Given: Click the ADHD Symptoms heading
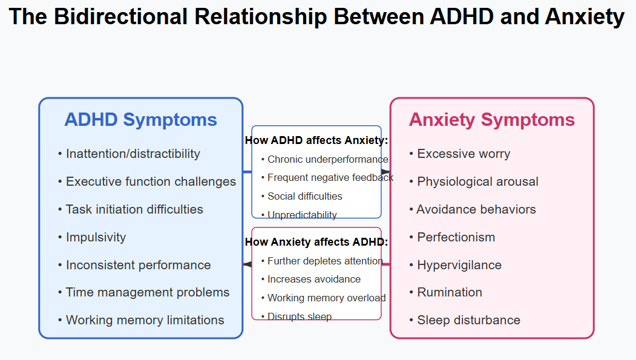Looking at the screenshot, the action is point(141,120).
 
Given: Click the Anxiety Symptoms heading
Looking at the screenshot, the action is point(491,120).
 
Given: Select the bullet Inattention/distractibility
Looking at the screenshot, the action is point(129,154).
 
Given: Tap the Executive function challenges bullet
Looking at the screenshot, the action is point(147,182).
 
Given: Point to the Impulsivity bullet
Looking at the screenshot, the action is point(92,237).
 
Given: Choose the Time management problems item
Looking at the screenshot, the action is point(143,292).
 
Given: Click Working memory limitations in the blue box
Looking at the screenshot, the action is point(141,320).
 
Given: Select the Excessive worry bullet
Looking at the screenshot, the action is point(459,154).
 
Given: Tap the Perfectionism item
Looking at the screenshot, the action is point(452,237).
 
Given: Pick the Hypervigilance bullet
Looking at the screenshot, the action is point(456,265).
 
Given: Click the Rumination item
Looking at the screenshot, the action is point(446,292).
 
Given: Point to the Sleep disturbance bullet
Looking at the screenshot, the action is point(465,320).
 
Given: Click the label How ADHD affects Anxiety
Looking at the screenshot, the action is point(316,140).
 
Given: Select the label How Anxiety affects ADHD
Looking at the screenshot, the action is point(316,242).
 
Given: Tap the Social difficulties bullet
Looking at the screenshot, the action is point(302,196).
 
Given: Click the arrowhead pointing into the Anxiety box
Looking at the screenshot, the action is point(385,172).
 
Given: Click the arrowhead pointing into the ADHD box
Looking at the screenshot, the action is point(248,264).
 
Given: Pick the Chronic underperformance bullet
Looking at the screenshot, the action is point(324,159).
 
